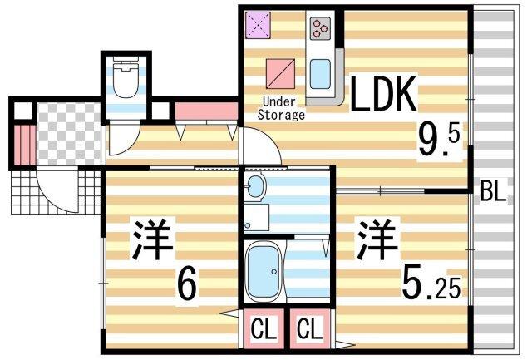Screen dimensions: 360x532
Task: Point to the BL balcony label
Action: coord(492,195)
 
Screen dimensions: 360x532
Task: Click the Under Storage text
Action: coord(283,108)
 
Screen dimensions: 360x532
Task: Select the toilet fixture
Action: coord(127,81)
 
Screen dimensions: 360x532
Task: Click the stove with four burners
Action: coord(320,29)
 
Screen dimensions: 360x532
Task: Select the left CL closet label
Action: coord(264,329)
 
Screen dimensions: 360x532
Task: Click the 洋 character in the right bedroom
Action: coord(377,240)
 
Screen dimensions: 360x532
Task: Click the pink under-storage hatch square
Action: coord(278,72)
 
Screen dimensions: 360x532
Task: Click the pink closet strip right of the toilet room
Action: coord(196,110)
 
